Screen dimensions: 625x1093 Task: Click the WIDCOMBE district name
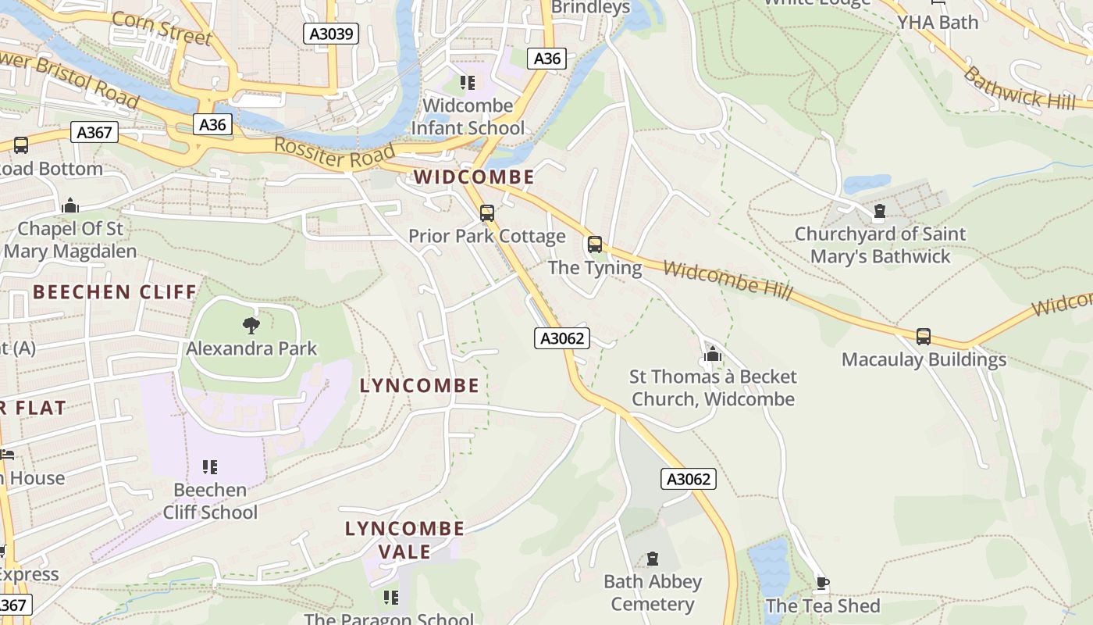(474, 177)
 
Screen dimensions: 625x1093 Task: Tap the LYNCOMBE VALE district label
(404, 540)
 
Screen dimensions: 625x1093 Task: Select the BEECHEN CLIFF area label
(115, 292)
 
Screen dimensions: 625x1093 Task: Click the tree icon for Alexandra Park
(251, 325)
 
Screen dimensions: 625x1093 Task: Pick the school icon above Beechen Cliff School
(209, 467)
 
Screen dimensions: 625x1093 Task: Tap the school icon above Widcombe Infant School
(468, 83)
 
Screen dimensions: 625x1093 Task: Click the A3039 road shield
(330, 34)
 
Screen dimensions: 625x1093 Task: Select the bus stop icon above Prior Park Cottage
(487, 213)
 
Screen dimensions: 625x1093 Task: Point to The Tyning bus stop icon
(595, 245)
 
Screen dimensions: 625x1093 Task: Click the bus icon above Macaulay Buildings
(924, 337)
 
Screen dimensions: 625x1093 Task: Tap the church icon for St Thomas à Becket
(712, 354)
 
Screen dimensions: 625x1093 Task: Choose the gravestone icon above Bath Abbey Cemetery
(653, 559)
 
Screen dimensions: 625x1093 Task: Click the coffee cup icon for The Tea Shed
(822, 583)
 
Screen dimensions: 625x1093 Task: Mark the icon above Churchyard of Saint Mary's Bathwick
(880, 211)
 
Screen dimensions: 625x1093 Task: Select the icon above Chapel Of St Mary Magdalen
(70, 206)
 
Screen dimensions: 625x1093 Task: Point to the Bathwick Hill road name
(1018, 88)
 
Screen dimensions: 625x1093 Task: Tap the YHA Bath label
(937, 22)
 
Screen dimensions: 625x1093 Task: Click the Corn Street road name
(162, 28)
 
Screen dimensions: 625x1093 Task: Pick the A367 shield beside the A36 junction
(95, 133)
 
